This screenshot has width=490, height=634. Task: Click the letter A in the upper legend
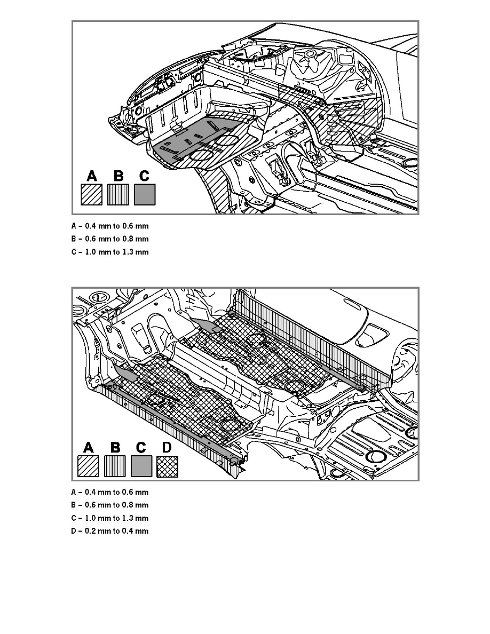tap(91, 176)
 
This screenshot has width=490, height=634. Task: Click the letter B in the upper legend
tap(118, 176)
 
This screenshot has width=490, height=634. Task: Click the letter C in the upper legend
tap(144, 176)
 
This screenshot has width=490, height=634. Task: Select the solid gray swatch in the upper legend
tap(144, 195)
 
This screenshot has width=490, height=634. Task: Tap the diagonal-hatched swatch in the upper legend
tap(91, 195)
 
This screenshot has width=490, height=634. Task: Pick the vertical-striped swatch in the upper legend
tap(118, 195)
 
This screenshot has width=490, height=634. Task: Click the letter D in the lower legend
tap(167, 447)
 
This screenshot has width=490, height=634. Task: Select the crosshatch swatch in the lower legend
tap(167, 466)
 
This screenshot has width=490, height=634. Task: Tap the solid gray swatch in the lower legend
tap(141, 466)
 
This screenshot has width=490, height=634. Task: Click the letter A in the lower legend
tap(88, 447)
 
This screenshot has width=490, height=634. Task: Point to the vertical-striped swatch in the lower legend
tap(115, 466)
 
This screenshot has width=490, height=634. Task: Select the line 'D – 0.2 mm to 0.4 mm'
tap(113, 531)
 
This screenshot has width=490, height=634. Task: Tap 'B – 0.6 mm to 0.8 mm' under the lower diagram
tap(113, 505)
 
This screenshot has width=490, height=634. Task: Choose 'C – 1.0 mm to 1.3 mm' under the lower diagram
tap(113, 518)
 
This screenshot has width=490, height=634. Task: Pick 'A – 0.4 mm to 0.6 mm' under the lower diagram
tap(113, 492)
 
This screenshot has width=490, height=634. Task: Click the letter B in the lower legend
tap(115, 447)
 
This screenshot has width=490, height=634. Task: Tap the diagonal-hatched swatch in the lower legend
tap(88, 466)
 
